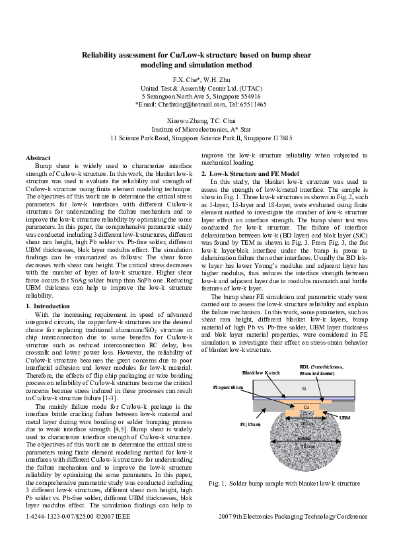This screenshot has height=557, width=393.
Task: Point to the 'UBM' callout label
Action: click(x=344, y=418)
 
